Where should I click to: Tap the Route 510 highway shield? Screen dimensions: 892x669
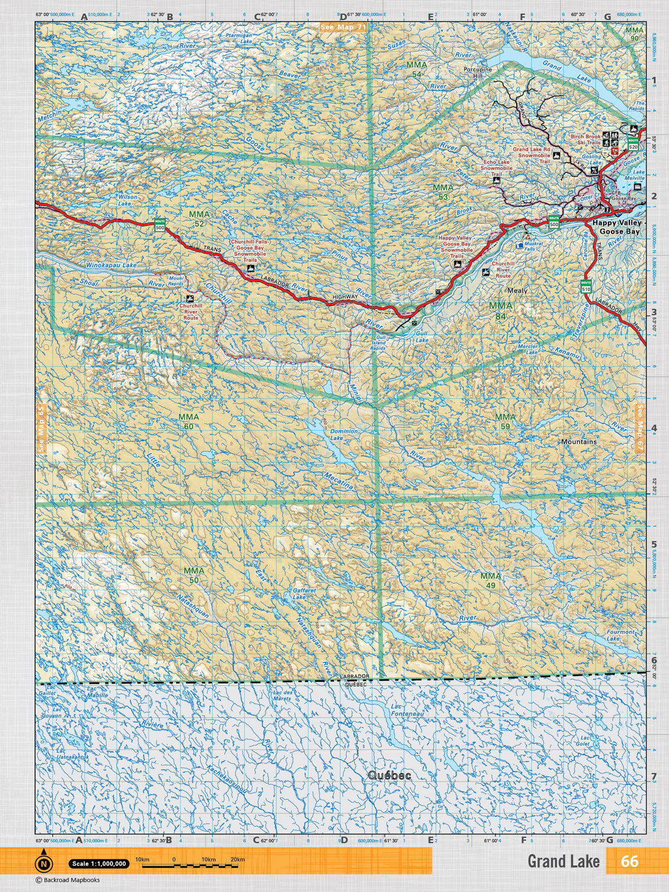pos(586,287)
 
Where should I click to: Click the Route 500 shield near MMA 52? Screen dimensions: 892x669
pos(160,225)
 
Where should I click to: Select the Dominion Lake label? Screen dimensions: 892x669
pos(343,435)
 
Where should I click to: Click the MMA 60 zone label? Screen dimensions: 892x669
pos(188,421)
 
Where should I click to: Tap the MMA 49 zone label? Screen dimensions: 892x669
pos(490,580)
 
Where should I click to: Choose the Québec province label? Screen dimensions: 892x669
pos(389,775)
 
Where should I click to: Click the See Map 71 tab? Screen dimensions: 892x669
pos(343,27)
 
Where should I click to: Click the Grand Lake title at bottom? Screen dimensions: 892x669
pos(563,861)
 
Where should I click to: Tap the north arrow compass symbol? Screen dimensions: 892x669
pos(43,862)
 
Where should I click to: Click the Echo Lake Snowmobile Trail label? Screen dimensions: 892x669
pos(496,168)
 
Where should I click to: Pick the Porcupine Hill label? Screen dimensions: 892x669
pos(478,72)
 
